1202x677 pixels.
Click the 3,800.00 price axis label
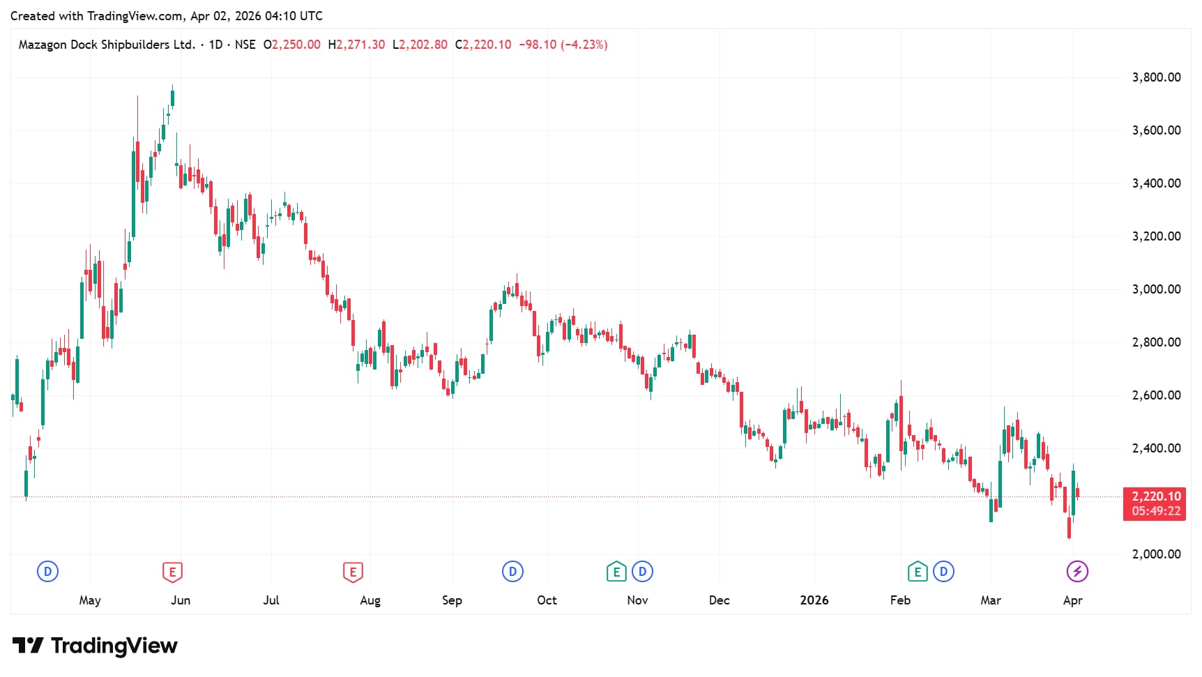[1156, 77]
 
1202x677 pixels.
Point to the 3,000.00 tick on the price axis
[1156, 289]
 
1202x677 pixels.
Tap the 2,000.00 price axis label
[1156, 554]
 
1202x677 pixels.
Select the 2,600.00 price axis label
[1156, 395]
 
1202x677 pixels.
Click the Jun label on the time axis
[181, 600]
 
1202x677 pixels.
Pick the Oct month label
[547, 600]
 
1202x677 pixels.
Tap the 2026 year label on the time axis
[814, 600]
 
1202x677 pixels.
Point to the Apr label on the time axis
[1072, 600]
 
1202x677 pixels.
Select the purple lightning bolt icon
[1077, 572]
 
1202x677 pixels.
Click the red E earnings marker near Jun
[172, 572]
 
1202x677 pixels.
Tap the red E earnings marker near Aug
[353, 572]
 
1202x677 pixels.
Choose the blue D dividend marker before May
[47, 572]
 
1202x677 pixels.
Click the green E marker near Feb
[918, 572]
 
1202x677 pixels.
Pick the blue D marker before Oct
[512, 572]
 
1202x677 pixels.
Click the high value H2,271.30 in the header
[356, 45]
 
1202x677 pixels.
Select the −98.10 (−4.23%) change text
[563, 45]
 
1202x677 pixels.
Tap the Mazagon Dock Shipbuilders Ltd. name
[107, 45]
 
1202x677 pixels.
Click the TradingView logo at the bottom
[95, 646]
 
